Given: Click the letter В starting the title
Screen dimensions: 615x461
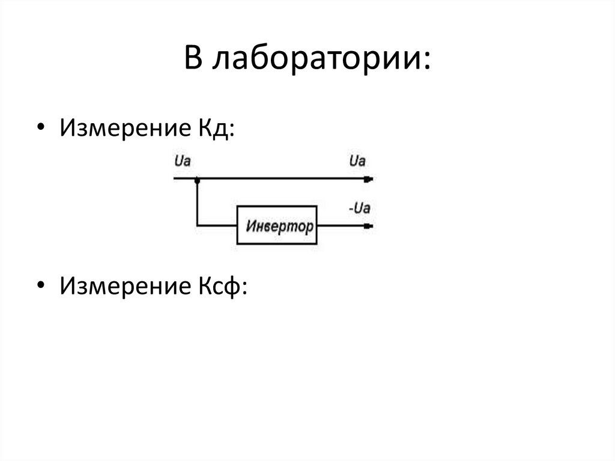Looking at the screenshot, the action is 192,59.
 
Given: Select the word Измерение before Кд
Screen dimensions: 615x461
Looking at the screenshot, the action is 123,129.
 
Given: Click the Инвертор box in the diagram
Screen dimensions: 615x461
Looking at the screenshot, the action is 277,225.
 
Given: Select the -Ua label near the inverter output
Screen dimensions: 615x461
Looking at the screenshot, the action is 359,209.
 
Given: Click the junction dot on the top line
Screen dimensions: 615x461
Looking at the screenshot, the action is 197,179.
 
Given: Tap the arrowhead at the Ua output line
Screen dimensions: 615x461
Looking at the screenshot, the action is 369,179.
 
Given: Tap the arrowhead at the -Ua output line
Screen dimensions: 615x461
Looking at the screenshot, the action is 369,226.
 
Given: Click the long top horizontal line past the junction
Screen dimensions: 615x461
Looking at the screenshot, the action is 282,179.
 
